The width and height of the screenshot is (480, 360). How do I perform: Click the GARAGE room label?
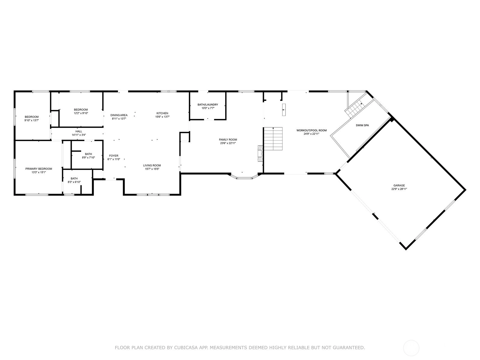point(399,186)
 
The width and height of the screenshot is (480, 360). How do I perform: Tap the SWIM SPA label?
point(362,125)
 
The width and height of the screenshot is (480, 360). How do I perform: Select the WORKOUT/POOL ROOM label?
point(311,130)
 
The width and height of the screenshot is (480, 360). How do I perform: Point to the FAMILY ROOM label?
point(228,140)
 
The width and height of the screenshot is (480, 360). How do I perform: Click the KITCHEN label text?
point(162,113)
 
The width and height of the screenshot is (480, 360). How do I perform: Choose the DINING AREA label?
point(119,115)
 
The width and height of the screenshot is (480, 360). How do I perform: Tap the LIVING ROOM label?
point(152,165)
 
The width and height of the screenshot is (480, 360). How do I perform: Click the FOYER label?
point(114,156)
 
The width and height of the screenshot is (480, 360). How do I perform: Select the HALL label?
point(79,131)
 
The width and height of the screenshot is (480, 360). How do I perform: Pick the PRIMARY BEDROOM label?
point(39,169)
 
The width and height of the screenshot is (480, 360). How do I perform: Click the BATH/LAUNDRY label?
point(208,104)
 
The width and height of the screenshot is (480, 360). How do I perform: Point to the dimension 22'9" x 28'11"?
point(399,189)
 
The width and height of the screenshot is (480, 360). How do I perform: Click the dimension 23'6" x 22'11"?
point(228,143)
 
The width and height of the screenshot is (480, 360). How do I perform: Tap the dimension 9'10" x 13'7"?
point(32,120)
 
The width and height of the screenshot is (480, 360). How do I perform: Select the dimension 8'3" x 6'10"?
point(74,182)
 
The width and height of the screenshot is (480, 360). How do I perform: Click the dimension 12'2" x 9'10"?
point(81,113)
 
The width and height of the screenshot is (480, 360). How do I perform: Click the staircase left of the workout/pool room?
point(273,139)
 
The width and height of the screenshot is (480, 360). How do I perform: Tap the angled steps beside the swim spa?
point(354,108)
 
